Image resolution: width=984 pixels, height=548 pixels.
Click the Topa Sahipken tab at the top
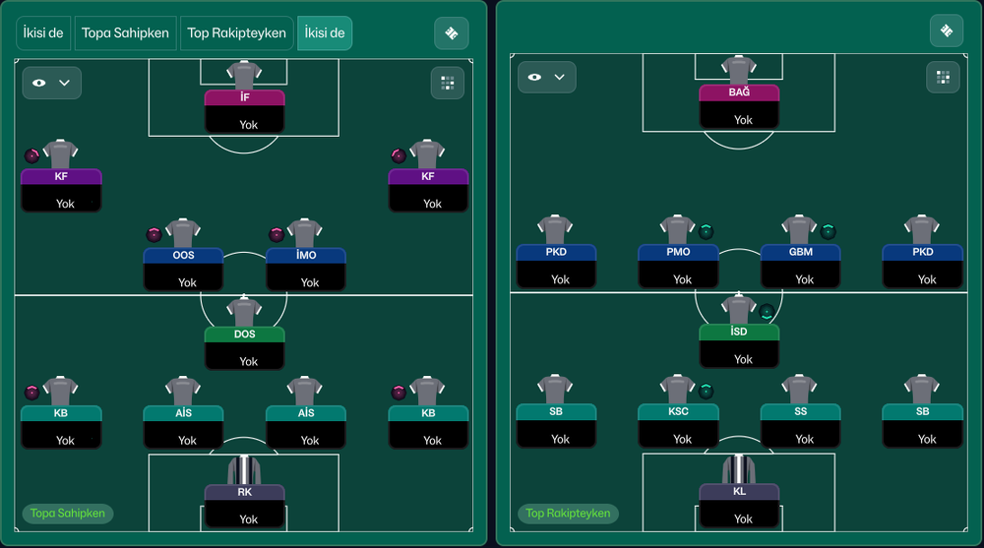tap(125, 32)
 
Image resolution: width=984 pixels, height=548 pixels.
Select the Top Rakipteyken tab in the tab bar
tap(236, 32)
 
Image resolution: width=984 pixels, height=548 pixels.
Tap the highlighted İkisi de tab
tap(325, 32)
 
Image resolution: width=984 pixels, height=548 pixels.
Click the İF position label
tap(245, 97)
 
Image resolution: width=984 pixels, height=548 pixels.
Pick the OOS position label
tap(183, 255)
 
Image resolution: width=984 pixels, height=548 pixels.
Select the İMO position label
tap(306, 255)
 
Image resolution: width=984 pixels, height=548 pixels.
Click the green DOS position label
tap(245, 334)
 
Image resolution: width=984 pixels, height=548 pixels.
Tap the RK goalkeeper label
tap(245, 492)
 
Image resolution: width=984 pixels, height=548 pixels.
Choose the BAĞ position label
tap(739, 92)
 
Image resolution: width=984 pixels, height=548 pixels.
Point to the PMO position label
tap(678, 252)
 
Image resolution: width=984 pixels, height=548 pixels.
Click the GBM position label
tap(801, 252)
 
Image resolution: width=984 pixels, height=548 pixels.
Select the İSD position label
tap(739, 332)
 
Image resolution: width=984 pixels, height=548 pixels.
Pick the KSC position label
tap(678, 411)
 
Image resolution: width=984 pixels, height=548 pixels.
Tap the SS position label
tap(801, 411)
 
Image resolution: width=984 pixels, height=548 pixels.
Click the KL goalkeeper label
tap(739, 491)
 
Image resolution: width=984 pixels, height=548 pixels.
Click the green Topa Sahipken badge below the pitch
tap(68, 514)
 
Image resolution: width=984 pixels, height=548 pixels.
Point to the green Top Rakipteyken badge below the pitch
tap(568, 514)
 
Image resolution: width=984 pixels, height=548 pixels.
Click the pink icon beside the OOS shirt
tap(154, 235)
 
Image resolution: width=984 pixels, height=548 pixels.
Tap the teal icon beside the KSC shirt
tap(706, 391)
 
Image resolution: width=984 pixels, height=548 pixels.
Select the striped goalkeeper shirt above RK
tap(244, 469)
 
